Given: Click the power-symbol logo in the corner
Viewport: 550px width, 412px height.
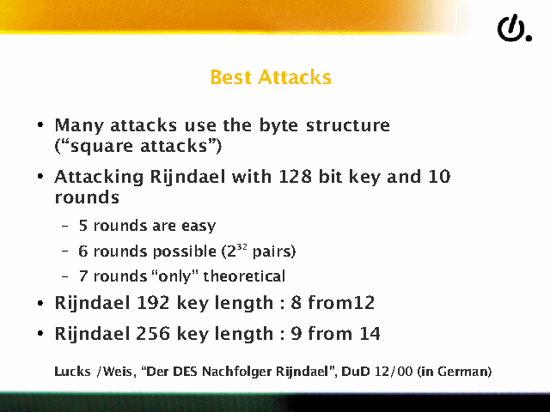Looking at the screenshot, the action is [515, 28].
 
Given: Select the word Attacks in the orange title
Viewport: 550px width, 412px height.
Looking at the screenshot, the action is [295, 77].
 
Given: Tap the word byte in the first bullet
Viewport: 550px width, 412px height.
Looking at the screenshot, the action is [279, 126].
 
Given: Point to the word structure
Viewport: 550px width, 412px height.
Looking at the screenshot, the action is [348, 125].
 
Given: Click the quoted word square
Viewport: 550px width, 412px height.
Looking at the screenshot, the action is [101, 147].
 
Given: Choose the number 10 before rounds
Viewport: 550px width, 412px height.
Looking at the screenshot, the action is [440, 176].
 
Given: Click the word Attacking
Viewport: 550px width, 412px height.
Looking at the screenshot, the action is [99, 178].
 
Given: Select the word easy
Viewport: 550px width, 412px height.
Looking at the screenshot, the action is [199, 227].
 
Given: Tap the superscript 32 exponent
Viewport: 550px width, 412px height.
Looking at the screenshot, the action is [241, 246].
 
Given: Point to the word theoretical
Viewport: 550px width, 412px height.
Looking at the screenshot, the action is [244, 276].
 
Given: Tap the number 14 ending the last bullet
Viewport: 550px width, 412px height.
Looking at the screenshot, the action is [370, 334].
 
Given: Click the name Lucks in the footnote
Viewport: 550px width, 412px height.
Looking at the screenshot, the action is [72, 372].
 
